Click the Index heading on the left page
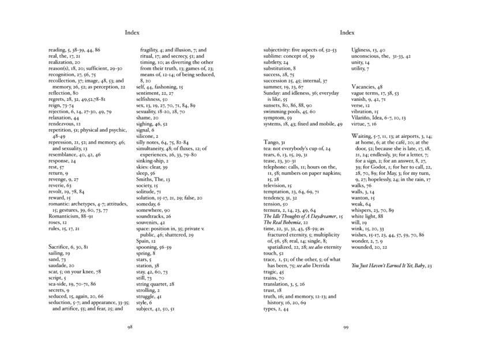[132, 32]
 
